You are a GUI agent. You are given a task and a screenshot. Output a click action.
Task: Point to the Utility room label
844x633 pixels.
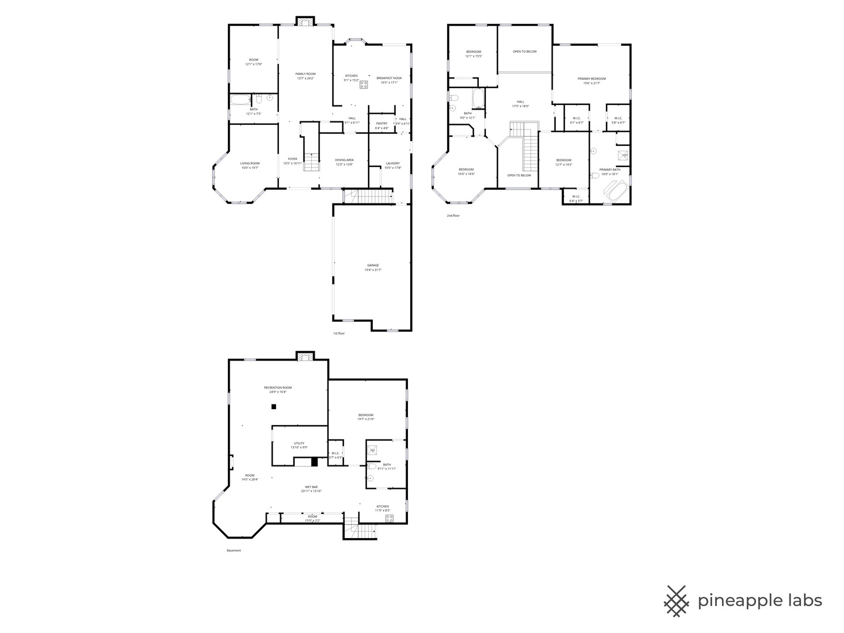click(299, 445)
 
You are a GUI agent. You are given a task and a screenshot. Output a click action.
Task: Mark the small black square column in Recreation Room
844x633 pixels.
click(274, 407)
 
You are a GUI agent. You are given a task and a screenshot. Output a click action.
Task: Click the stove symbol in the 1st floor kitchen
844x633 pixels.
click(363, 84)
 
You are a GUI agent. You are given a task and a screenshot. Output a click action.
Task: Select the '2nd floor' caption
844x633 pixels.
click(453, 216)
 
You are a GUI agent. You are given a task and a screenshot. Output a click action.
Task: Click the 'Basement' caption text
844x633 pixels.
click(234, 550)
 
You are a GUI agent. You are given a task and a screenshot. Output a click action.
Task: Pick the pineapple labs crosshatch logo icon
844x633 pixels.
click(676, 601)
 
